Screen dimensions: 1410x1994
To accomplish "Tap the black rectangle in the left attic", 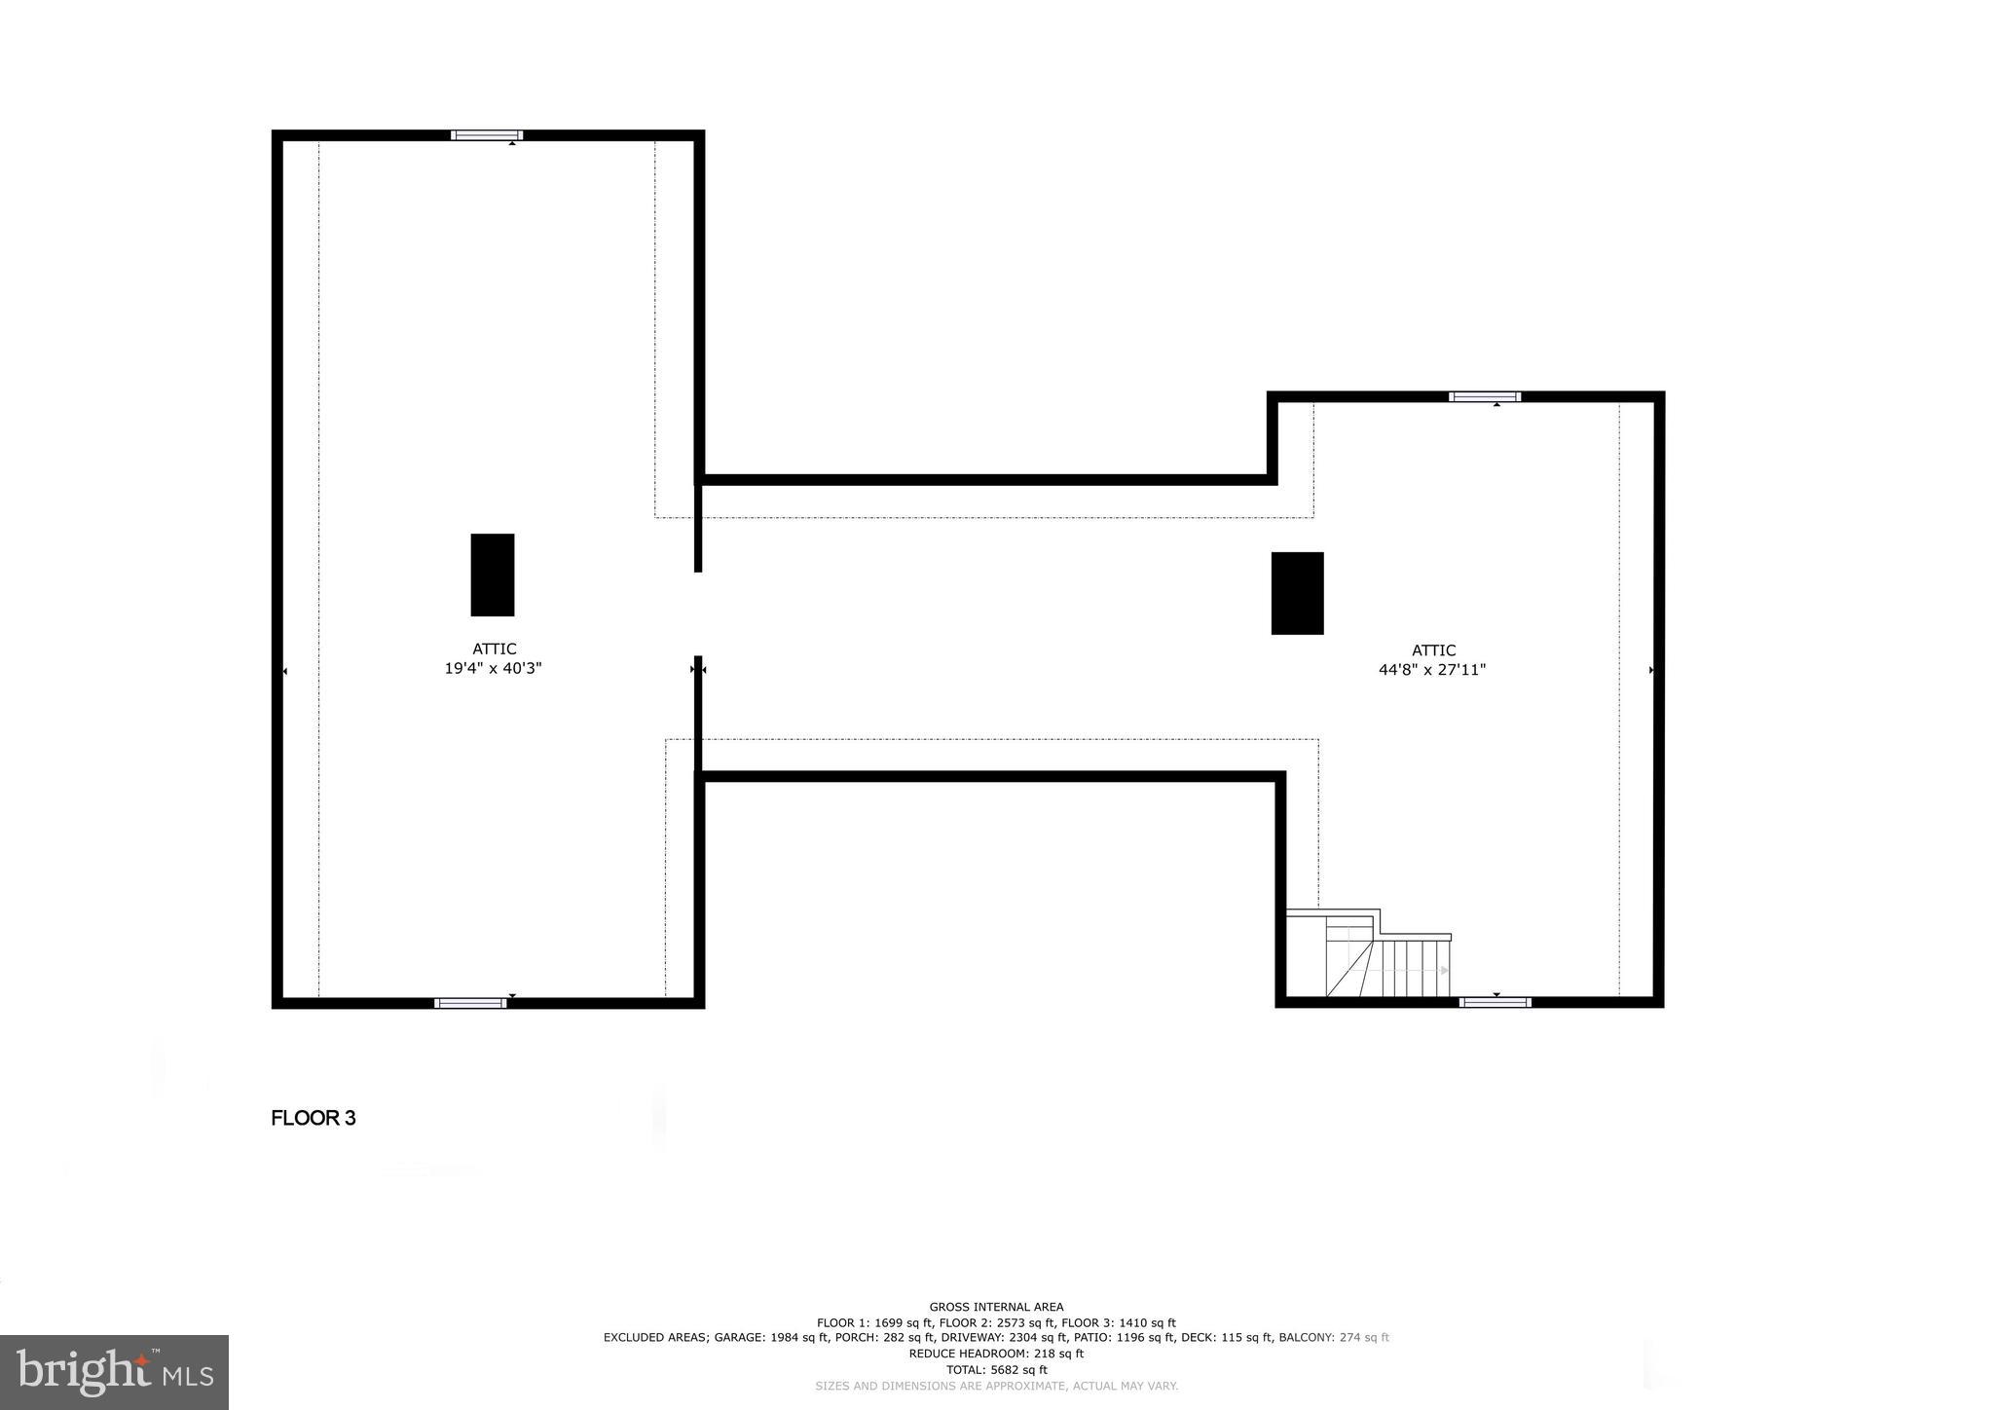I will [492, 575].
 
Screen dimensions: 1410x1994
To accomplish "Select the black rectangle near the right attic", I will [1297, 593].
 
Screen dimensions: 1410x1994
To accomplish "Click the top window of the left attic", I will [487, 135].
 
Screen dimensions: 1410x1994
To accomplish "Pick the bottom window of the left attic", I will [470, 1003].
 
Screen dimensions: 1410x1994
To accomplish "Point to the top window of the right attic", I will [1484, 396].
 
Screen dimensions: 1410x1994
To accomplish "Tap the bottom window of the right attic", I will [1495, 1002].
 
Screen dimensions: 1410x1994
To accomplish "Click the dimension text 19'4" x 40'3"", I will [493, 669].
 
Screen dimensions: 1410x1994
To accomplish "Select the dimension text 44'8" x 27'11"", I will [1432, 670].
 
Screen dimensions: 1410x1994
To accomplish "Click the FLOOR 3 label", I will [314, 1118].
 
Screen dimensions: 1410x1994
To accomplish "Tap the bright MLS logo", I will [115, 1372].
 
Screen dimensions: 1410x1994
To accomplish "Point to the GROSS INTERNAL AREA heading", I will [996, 1307].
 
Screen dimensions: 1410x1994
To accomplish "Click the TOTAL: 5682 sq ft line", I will [996, 1369].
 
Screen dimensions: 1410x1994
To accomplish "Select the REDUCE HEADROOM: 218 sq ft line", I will [996, 1354].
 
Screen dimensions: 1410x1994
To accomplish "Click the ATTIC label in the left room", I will [494, 649].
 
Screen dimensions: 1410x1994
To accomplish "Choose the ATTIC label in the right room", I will [1433, 650].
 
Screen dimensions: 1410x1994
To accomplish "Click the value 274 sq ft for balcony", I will [1364, 1338].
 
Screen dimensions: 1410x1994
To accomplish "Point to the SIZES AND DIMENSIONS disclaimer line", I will [996, 1386].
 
